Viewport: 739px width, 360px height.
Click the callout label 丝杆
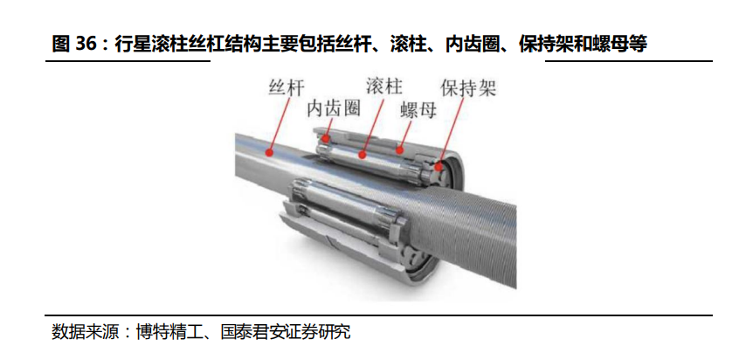pos(287,87)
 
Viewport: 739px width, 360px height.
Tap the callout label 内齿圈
pos(334,109)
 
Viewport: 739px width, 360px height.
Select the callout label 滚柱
pos(384,86)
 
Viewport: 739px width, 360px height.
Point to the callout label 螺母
pos(418,110)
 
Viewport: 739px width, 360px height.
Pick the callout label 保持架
pos(468,87)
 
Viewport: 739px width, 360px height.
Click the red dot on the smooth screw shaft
pos(270,152)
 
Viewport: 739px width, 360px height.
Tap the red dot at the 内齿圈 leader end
pos(325,139)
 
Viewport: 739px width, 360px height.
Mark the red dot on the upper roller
pos(363,154)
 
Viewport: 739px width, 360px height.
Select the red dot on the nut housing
pos(400,151)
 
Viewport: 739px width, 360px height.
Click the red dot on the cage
pos(439,166)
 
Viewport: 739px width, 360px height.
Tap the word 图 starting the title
pos(61,45)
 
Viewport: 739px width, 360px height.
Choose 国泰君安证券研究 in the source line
pos(286,332)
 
